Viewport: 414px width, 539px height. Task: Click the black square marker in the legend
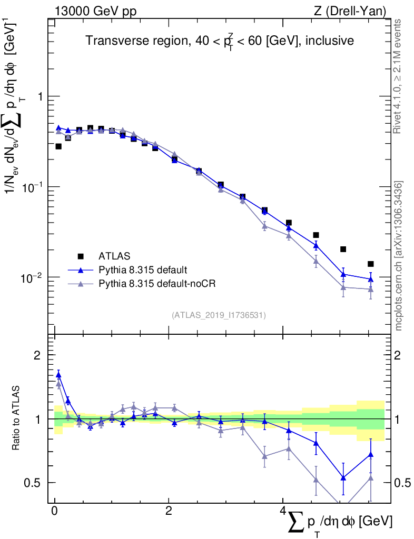coord(81,256)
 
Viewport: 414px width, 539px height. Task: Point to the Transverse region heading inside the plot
coord(220,41)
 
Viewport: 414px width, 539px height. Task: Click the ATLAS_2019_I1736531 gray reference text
coord(219,315)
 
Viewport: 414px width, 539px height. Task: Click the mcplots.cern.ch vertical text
coord(399,256)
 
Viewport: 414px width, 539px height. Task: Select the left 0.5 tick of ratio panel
coord(34,483)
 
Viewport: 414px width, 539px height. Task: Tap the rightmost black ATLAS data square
coord(371,264)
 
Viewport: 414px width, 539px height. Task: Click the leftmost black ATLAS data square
coord(58,146)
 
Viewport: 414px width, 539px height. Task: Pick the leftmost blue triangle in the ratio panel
coord(58,375)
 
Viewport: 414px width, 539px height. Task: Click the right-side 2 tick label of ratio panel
coord(398,355)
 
